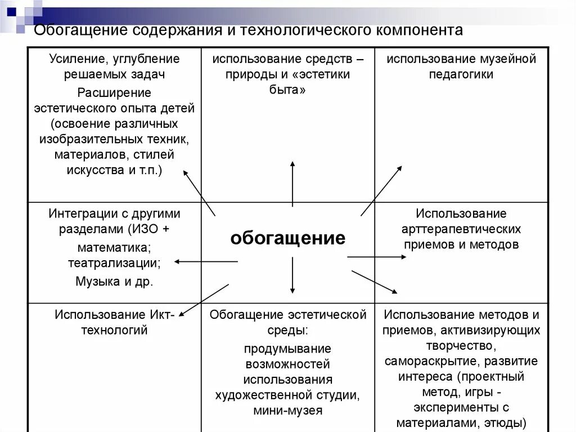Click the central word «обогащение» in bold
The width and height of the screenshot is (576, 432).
[x=287, y=238]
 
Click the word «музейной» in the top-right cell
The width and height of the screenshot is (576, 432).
[x=508, y=59]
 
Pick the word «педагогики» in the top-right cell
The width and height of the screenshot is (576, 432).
[x=461, y=74]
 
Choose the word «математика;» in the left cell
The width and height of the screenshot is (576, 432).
[x=114, y=247]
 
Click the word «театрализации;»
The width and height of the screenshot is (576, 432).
[x=114, y=262]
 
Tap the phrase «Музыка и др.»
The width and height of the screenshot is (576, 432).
[x=114, y=282]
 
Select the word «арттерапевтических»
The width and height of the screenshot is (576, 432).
[x=461, y=229]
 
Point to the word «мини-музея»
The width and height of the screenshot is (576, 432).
[x=287, y=411]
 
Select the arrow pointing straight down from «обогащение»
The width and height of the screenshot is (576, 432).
[x=292, y=275]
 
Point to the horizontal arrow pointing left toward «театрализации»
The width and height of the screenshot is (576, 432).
[x=206, y=261]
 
